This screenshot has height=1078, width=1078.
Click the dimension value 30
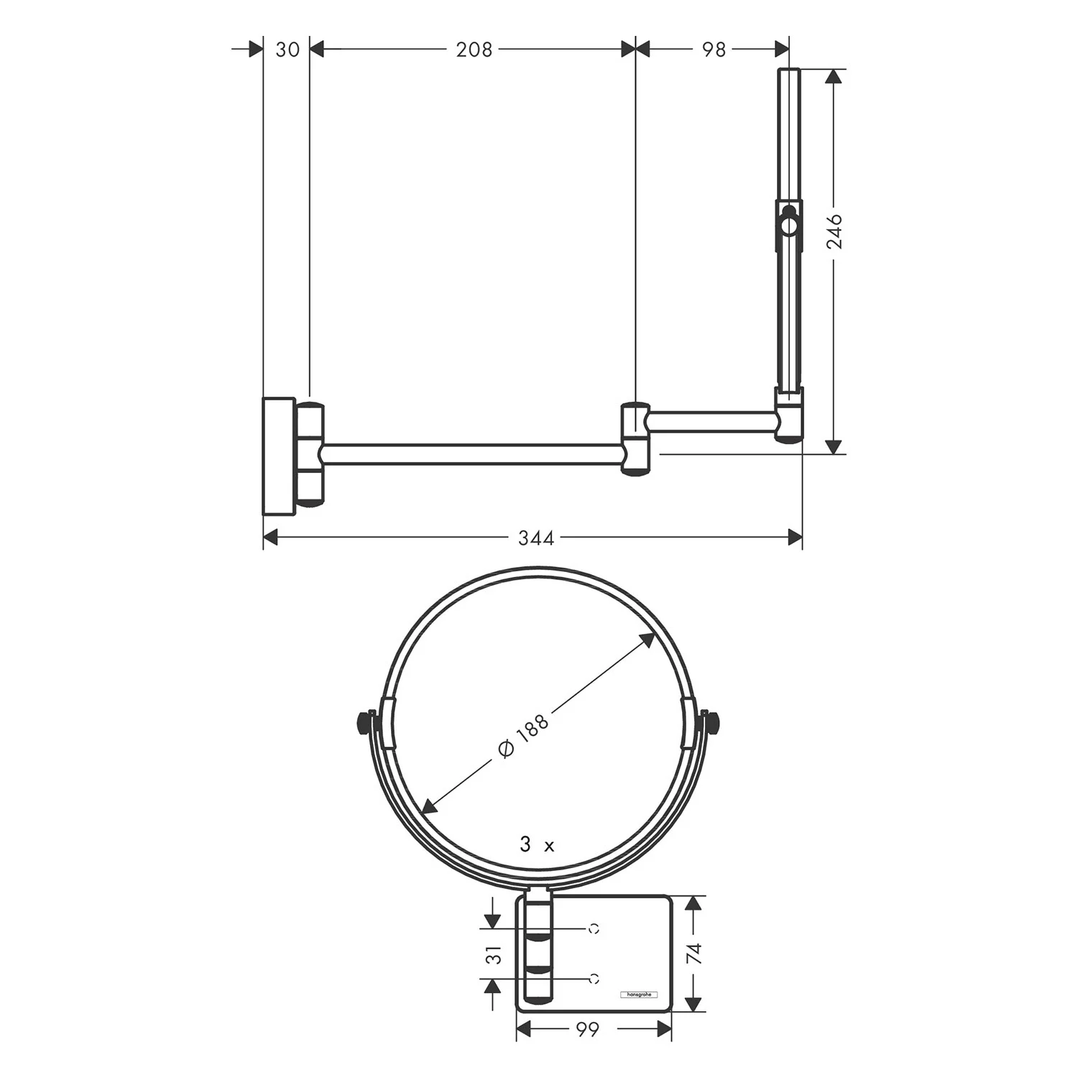coord(287,50)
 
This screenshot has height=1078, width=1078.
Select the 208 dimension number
coord(474,50)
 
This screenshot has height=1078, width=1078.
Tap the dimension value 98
coord(714,50)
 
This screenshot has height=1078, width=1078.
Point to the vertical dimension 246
coord(834,231)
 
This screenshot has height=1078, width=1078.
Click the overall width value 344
coord(536,538)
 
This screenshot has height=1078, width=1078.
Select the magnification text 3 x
coord(537,845)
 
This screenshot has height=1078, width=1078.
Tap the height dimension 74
coord(694,953)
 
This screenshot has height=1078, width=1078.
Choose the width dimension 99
coord(587,1030)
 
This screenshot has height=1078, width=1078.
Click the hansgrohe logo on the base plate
coord(637,995)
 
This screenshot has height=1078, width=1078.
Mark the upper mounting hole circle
coord(594,929)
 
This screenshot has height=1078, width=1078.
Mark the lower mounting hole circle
coord(594,978)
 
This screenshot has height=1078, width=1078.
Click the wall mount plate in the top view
coord(279,456)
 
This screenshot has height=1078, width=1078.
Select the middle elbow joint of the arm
coord(635,438)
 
